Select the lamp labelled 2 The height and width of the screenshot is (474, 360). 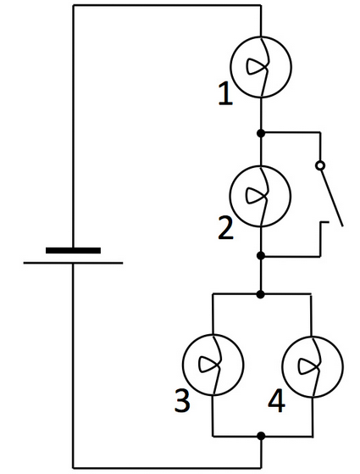(261, 195)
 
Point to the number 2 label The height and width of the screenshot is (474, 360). (224, 227)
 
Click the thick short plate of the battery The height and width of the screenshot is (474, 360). (73, 250)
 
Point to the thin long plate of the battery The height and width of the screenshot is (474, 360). (73, 263)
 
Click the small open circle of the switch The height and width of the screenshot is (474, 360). (320, 165)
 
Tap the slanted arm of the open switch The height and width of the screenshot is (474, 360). (331, 197)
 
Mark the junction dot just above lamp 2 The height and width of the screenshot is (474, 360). (261, 133)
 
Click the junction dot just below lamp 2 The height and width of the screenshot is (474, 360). (261, 255)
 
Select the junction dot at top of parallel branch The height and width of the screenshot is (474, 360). (261, 294)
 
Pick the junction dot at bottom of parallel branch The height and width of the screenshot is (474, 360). (261, 436)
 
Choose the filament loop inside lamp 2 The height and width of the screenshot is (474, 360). (255, 195)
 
